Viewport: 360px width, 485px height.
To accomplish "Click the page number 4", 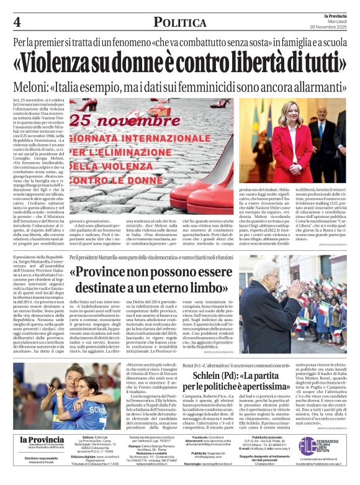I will pyautogui.click(x=17, y=22).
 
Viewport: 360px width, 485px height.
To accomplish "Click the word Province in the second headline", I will pyautogui.click(x=102, y=274).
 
